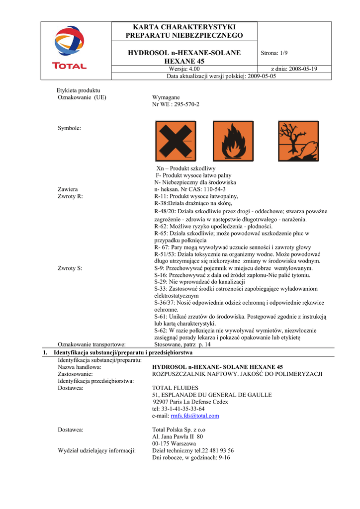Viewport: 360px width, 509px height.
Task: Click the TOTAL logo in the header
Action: [x=70, y=48]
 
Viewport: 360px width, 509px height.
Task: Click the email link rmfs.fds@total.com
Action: [x=195, y=416]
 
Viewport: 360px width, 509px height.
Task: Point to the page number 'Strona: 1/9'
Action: [x=274, y=53]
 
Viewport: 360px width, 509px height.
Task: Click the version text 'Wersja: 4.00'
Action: [x=184, y=69]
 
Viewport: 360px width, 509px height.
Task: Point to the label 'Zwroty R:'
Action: [x=70, y=196]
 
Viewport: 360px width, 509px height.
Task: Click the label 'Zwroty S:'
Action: [x=70, y=268]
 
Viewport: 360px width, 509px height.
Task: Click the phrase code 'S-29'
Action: [x=161, y=282]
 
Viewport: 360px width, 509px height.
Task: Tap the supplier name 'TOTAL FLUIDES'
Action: [x=175, y=388]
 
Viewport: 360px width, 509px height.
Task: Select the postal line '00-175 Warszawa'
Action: [x=174, y=443]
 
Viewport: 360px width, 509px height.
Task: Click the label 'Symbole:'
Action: [x=69, y=128]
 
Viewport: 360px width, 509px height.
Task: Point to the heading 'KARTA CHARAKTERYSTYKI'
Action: [x=184, y=27]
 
